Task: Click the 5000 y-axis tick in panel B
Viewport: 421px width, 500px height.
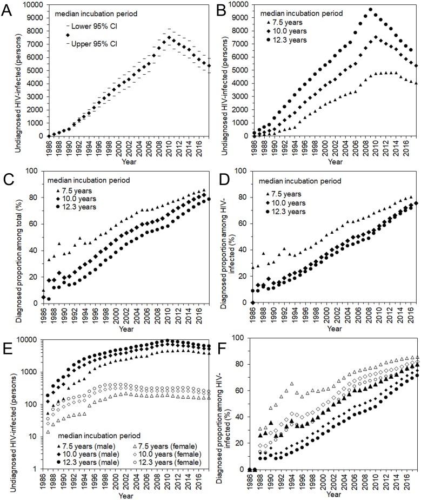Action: click(242, 70)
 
